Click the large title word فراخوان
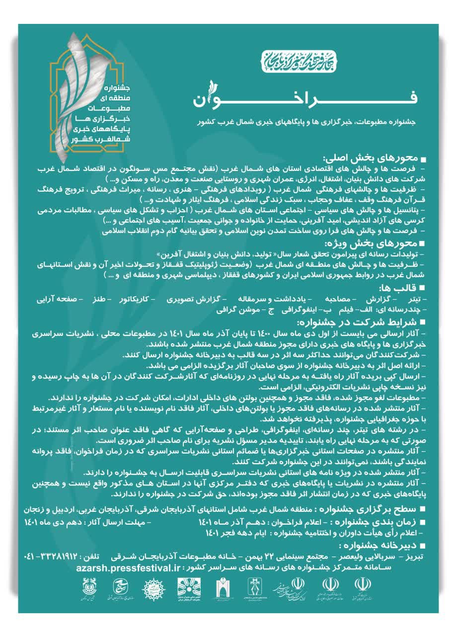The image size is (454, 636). pos(303,95)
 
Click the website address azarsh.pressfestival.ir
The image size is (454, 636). pos(128,566)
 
